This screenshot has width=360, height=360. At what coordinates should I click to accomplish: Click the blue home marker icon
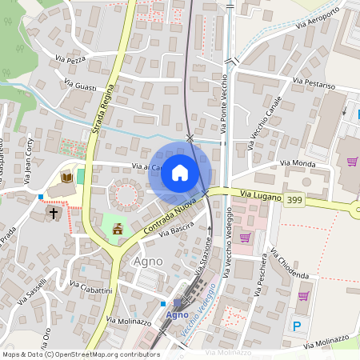click(180, 173)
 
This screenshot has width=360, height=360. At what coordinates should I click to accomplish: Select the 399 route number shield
click(294, 200)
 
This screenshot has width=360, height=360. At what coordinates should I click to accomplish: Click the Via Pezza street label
click(70, 59)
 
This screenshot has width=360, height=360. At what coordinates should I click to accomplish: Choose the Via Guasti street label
click(84, 87)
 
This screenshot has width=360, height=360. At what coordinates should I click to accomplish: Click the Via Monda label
click(297, 163)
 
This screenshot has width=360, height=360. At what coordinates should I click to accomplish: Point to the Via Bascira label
click(177, 231)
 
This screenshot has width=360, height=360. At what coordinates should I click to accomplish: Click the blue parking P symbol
click(298, 326)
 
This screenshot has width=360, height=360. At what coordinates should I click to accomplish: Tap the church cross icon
click(54, 214)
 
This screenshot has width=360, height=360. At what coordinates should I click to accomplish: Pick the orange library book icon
click(67, 177)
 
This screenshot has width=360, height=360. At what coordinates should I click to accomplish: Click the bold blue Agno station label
click(177, 314)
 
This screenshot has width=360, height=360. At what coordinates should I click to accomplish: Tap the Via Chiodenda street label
click(290, 263)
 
